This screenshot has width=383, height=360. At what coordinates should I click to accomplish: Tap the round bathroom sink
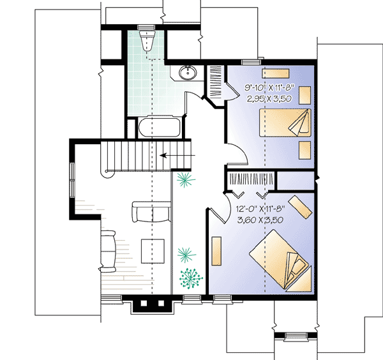point(189,73)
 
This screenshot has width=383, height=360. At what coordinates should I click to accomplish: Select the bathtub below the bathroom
point(158,128)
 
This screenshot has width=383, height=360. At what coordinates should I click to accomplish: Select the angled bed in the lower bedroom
point(278,260)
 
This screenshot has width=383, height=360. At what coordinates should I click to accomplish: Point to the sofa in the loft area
point(151,211)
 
